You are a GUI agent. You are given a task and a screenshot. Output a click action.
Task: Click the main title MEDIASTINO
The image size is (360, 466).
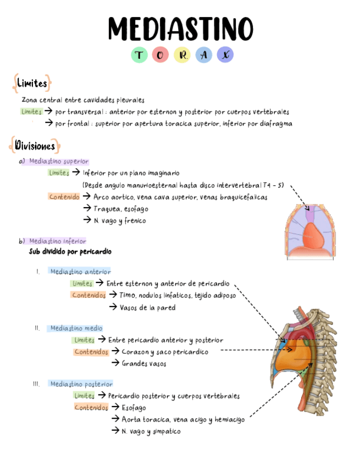[180, 28]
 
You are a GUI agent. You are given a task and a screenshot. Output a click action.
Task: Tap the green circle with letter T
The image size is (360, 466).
[140, 55]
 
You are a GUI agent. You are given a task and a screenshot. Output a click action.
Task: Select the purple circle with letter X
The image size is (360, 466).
[224, 55]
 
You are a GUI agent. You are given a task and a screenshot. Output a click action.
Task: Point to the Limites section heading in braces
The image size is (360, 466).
[32, 84]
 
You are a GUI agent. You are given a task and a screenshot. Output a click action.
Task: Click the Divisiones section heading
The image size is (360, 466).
[35, 146]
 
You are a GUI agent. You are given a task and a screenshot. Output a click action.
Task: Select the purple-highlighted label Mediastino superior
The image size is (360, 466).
[58, 162]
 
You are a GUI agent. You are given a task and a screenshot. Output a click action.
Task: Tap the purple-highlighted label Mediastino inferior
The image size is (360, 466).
[57, 241]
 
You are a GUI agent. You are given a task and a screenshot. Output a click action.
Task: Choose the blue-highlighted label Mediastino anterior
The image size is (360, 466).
[80, 271]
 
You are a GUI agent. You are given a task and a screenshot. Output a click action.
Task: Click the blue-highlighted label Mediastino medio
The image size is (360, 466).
[76, 328]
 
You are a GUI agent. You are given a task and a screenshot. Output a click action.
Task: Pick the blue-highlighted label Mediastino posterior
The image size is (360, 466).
[81, 384]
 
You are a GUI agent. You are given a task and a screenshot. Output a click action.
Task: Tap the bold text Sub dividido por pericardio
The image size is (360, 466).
[70, 252]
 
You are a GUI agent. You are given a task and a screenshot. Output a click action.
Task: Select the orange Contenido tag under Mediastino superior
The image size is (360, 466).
[64, 197]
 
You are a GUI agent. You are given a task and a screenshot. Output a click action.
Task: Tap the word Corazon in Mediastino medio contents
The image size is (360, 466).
[135, 352]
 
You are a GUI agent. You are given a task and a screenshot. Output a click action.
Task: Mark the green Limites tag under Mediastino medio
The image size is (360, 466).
[84, 340]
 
